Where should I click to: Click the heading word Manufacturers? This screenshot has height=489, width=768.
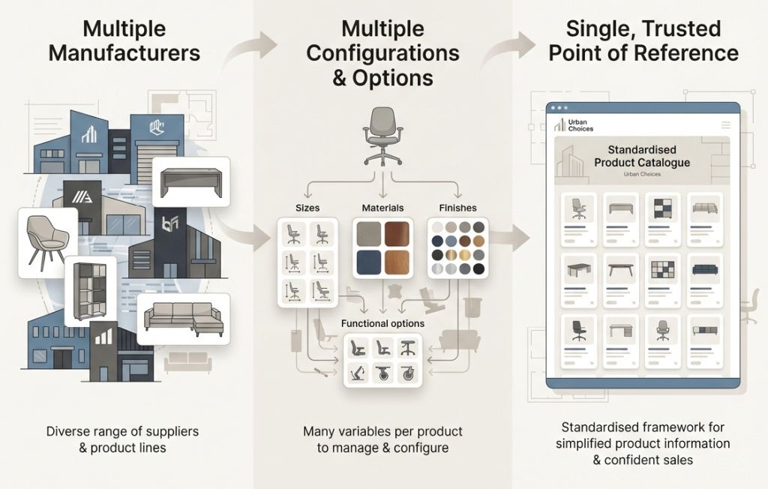click(141, 53)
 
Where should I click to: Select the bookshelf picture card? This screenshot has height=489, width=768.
click(91, 290)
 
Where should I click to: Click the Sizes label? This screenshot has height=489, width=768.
click(307, 207)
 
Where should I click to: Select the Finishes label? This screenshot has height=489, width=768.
click(457, 207)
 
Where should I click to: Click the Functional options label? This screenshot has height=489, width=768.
click(382, 323)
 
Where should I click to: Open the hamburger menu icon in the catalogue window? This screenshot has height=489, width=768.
click(725, 124)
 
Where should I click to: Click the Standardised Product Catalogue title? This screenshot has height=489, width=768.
click(641, 156)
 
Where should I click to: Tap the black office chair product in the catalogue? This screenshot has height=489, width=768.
click(579, 330)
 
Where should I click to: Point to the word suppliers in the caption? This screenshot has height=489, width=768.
click(161, 431)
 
